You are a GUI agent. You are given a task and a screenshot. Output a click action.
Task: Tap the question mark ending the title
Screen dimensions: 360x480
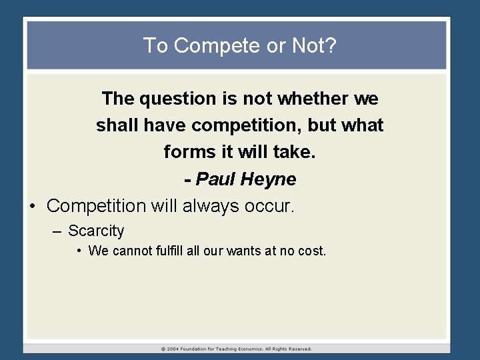331,46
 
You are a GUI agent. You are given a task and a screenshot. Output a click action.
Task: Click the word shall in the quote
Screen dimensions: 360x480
115,126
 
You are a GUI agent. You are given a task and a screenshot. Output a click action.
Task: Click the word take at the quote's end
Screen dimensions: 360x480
295,153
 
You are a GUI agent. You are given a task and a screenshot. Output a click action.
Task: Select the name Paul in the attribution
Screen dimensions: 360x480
216,179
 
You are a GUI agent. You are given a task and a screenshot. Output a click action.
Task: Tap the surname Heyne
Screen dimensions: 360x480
269,179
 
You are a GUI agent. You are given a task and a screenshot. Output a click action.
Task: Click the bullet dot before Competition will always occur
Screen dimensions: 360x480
33,206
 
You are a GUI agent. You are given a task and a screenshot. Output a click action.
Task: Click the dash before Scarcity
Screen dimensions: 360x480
57,231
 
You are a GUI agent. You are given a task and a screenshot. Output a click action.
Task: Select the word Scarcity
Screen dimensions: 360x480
96,231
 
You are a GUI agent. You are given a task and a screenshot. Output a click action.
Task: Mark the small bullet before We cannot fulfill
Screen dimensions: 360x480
79,251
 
